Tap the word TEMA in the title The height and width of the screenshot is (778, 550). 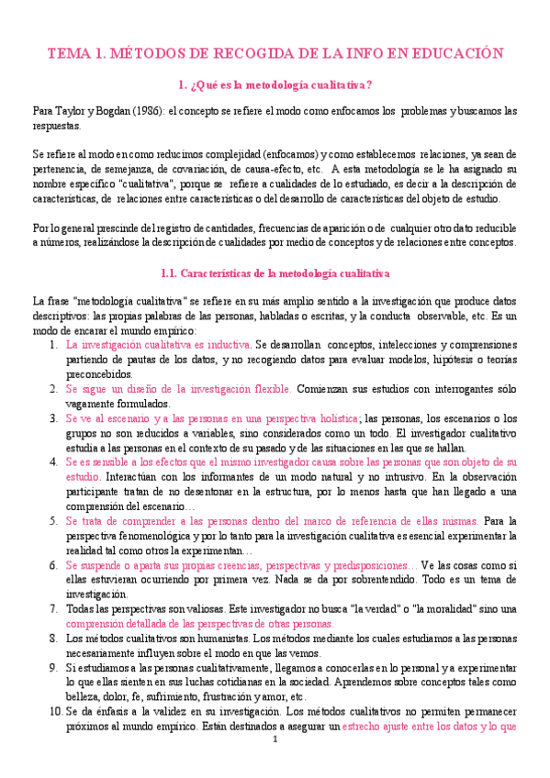tap(68, 53)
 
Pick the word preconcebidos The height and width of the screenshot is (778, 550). tap(97, 374)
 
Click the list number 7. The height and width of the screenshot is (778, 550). tap(52, 609)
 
